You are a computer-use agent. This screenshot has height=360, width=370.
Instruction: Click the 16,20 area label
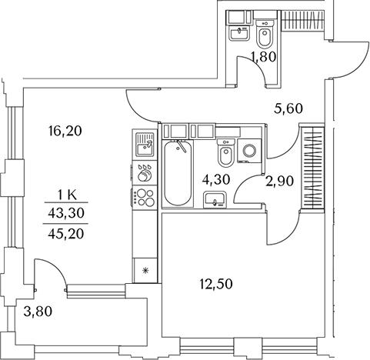tap(65, 131)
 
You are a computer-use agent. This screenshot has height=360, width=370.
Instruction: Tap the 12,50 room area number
tap(216, 284)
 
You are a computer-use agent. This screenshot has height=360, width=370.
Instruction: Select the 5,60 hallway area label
tap(288, 108)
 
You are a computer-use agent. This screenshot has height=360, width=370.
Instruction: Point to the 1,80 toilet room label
tap(264, 57)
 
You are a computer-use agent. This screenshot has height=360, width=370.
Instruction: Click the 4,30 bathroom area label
tap(216, 179)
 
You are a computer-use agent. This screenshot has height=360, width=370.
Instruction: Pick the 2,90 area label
tap(279, 182)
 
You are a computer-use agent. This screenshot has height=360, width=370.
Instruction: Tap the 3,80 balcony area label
tap(38, 312)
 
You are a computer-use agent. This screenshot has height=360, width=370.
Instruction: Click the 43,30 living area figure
tap(66, 213)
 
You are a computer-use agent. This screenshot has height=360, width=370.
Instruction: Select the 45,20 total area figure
tap(66, 234)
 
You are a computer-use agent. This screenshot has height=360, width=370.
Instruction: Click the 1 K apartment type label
tap(66, 196)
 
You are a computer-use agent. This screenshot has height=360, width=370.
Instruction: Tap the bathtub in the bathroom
tap(178, 173)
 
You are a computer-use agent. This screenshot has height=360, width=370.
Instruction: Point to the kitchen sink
tap(145, 145)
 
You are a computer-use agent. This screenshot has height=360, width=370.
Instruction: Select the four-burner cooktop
tap(145, 197)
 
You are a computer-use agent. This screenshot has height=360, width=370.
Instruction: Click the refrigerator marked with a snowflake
tap(145, 270)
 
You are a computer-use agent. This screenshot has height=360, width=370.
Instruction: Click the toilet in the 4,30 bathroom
tap(225, 152)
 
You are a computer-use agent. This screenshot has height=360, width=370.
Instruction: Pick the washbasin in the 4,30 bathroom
tap(215, 199)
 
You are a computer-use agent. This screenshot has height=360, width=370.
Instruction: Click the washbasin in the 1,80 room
tap(239, 33)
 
